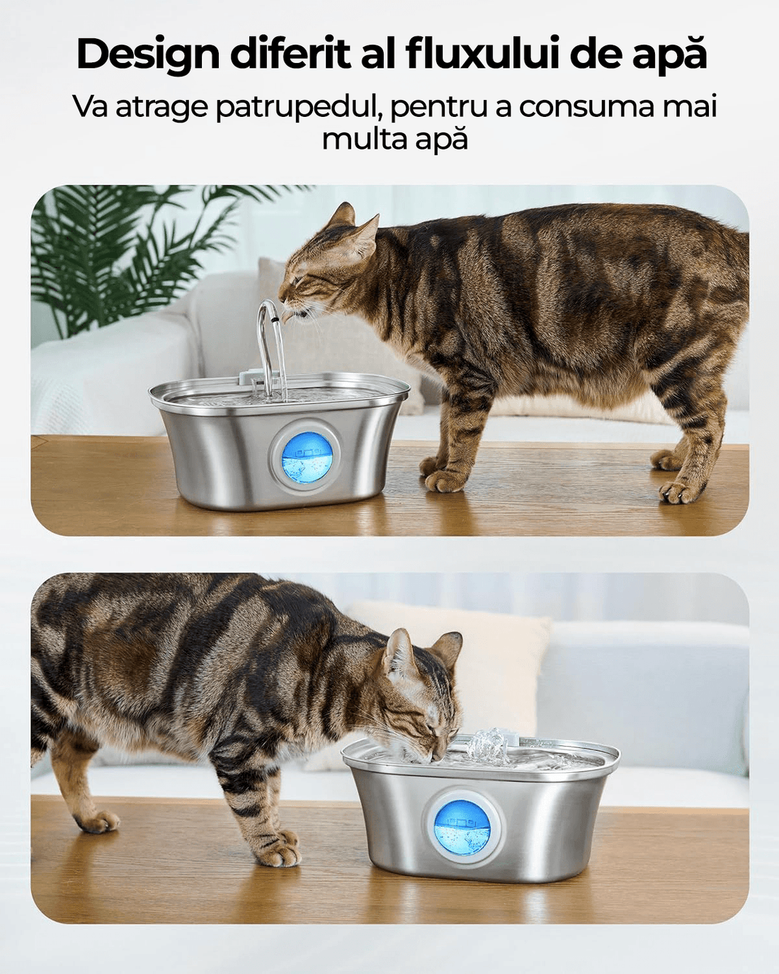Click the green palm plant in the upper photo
tap(120, 248)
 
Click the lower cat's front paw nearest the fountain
tap(280, 854)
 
